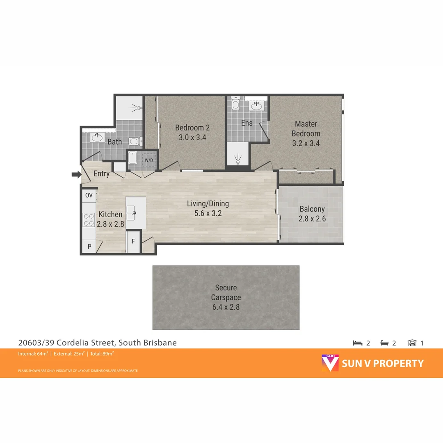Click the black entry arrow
[x=76, y=175]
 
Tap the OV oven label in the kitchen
[x=89, y=196]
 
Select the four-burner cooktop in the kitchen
[x=89, y=220]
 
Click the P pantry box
[x=89, y=247]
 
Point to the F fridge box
[x=133, y=241]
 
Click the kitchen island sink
[x=136, y=213]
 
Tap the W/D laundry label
[x=148, y=160]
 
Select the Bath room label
[x=114, y=142]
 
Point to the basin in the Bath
[x=97, y=137]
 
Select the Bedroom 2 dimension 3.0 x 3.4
[x=192, y=137]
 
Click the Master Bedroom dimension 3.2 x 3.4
[x=306, y=143]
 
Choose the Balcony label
[x=312, y=209]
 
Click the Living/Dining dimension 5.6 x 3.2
[x=208, y=213]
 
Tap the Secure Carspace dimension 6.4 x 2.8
[x=226, y=307]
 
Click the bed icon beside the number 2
[x=358, y=343]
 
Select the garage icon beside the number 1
[x=412, y=343]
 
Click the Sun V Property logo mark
[x=330, y=363]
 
